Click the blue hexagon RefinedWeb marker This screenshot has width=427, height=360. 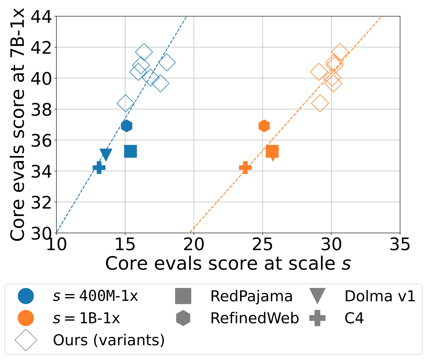pyautogui.click(x=127, y=126)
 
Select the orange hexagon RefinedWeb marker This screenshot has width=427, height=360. pyautogui.click(x=264, y=126)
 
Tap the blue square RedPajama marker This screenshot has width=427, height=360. pyautogui.click(x=130, y=151)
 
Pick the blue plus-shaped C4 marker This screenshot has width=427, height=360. pyautogui.click(x=99, y=167)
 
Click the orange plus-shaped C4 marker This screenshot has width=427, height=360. pyautogui.click(x=245, y=167)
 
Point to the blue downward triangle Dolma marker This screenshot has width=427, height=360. pyautogui.click(x=106, y=154)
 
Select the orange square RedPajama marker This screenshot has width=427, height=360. pyautogui.click(x=272, y=151)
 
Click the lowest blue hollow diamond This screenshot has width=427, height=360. pyautogui.click(x=125, y=103)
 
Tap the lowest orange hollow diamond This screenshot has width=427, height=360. pyautogui.click(x=320, y=103)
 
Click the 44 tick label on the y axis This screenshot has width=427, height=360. pyautogui.click(x=41, y=16)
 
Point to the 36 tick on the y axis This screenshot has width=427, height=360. pyautogui.click(x=41, y=140)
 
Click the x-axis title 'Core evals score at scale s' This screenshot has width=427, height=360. pyautogui.click(x=228, y=264)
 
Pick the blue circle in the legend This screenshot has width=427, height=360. pyautogui.click(x=26, y=296)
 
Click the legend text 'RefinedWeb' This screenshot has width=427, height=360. pyautogui.click(x=254, y=318)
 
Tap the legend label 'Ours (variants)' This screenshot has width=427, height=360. pyautogui.click(x=109, y=340)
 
